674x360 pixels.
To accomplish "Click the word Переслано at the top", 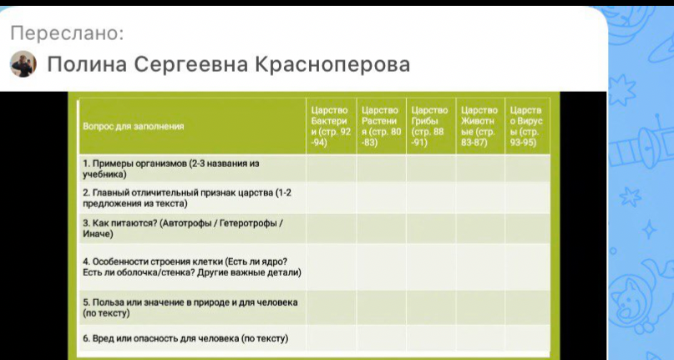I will pyautogui.click(x=67, y=33).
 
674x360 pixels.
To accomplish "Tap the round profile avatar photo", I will pyautogui.click(x=23, y=64).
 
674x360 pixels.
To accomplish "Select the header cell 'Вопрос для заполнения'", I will pyautogui.click(x=134, y=126).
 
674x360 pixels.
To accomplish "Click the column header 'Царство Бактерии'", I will pyautogui.click(x=330, y=126).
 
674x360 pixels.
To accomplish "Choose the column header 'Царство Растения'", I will pyautogui.click(x=381, y=126).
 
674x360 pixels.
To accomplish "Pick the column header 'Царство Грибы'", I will pyautogui.click(x=430, y=126).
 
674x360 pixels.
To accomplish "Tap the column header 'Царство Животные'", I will pyautogui.click(x=479, y=126).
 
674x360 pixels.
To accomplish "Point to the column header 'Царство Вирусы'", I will pyautogui.click(x=526, y=126).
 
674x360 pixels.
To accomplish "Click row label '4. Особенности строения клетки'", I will pyautogui.click(x=191, y=266).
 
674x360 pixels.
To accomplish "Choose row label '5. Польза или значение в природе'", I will pyautogui.click(x=190, y=307).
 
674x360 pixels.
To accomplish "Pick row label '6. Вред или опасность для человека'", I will pyautogui.click(x=185, y=338).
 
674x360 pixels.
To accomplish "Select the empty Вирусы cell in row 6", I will pyautogui.click(x=527, y=338).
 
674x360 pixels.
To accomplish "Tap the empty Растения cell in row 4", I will pyautogui.click(x=381, y=266).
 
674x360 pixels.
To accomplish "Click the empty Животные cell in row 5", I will pyautogui.click(x=480, y=307).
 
